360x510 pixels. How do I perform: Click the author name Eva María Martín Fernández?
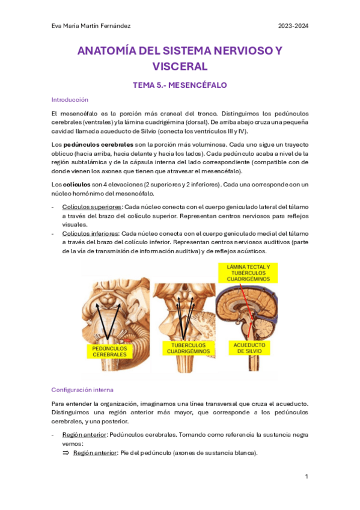coord(91,26)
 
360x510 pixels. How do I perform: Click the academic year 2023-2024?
coord(293,26)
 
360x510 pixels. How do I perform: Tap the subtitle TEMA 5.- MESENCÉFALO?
coord(180,85)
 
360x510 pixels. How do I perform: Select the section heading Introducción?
coord(70,100)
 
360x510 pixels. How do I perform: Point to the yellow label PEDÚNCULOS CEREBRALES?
coord(109,351)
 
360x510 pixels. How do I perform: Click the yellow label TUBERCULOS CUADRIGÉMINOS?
coord(188,348)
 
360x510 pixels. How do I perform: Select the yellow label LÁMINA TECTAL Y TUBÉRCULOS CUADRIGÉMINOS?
coord(248,273)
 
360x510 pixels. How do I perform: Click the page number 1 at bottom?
coord(307,476)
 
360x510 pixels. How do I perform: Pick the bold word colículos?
coord(76,184)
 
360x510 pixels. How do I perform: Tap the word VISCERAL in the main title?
coord(180,66)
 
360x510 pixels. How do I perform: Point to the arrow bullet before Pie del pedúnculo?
coord(66,453)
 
